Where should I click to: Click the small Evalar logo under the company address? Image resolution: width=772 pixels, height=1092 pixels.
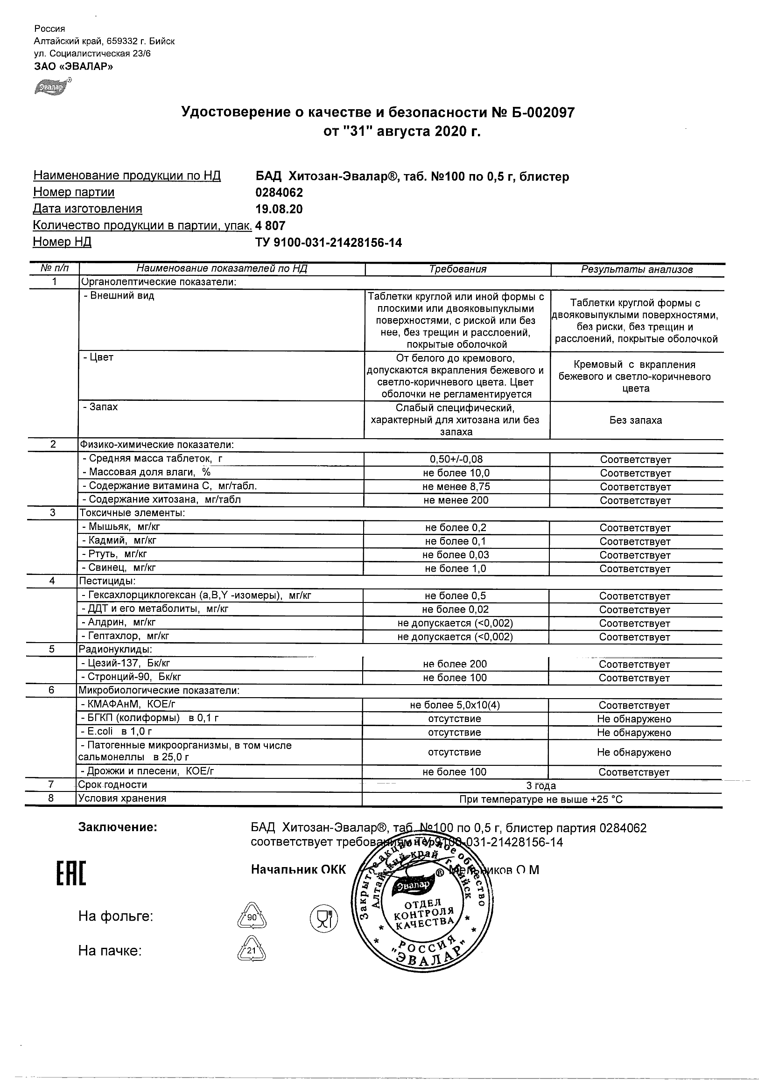coord(52,87)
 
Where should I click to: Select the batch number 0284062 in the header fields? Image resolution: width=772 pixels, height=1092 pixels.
coord(279,193)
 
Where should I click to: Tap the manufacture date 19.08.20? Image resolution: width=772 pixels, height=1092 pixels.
coord(279,209)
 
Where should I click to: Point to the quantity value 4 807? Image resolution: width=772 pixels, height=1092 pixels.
coord(270,225)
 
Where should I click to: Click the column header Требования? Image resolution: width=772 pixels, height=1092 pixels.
coord(457,269)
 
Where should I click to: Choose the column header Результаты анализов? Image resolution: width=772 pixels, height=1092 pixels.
coord(637,270)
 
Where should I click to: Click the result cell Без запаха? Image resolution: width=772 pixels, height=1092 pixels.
coord(636,420)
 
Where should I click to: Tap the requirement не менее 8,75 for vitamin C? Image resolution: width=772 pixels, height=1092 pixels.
coord(456,487)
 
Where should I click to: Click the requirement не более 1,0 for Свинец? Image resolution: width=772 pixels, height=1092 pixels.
coord(456,569)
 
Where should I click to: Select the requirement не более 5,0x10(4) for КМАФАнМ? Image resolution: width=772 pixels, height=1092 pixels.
coord(455,705)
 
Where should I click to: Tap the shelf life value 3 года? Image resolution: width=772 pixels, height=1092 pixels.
coord(541,786)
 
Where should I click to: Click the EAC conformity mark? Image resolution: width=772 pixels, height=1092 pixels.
coord(71,874)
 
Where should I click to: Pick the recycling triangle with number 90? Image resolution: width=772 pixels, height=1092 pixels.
coord(252,917)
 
